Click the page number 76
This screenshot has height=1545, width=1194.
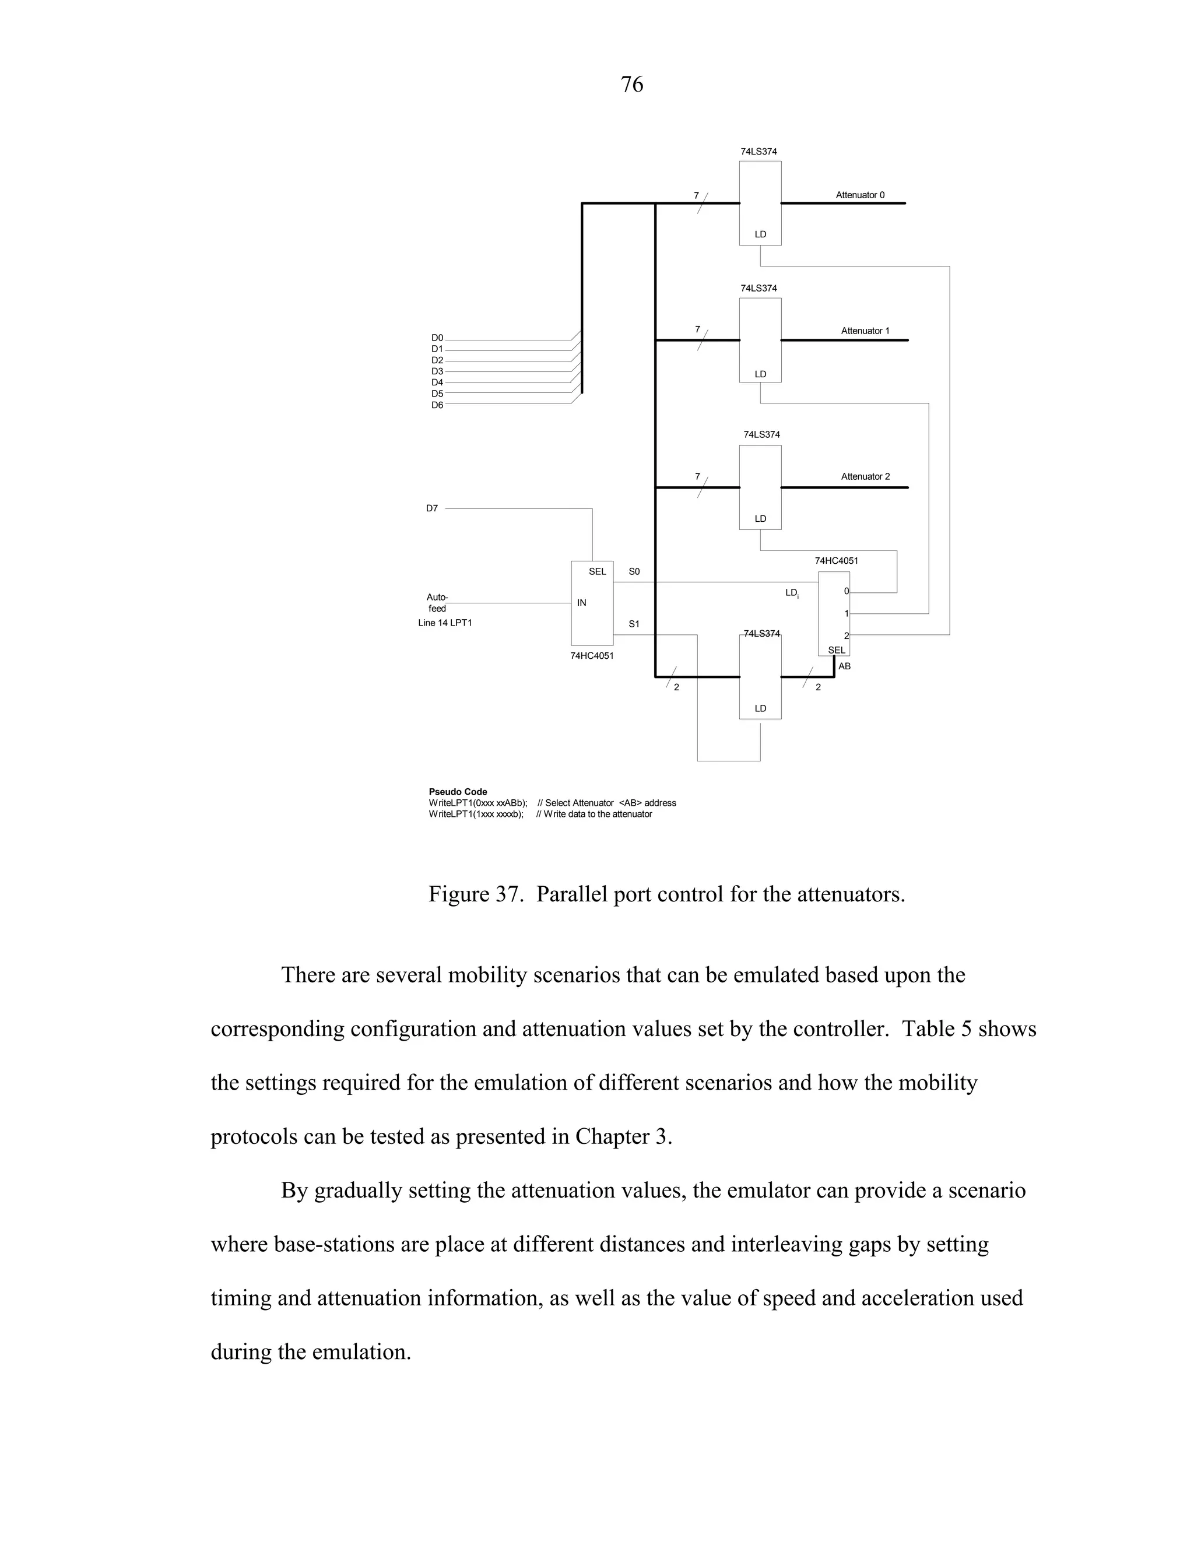[x=631, y=85]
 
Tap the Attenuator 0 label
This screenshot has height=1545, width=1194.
[x=859, y=195]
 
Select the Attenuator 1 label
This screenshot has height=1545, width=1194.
[x=865, y=331]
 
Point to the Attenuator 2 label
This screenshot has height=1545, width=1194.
[x=865, y=477]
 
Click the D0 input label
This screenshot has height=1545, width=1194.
[x=437, y=338]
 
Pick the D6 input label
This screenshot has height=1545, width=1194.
[x=437, y=405]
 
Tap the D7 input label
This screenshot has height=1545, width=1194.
[x=431, y=508]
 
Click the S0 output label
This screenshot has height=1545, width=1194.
[x=634, y=571]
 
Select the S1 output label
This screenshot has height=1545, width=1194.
[x=634, y=624]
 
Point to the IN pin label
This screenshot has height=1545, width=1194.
[x=581, y=603]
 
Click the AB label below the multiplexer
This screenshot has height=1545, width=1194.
[x=844, y=666]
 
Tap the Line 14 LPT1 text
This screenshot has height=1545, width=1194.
[x=444, y=623]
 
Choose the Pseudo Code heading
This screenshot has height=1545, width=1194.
[x=458, y=792]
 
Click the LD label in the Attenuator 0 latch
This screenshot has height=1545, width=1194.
[x=760, y=234]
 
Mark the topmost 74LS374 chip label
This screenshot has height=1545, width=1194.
[x=758, y=152]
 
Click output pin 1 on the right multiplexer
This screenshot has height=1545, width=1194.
[x=846, y=613]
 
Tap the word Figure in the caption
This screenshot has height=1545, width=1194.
[x=459, y=894]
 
